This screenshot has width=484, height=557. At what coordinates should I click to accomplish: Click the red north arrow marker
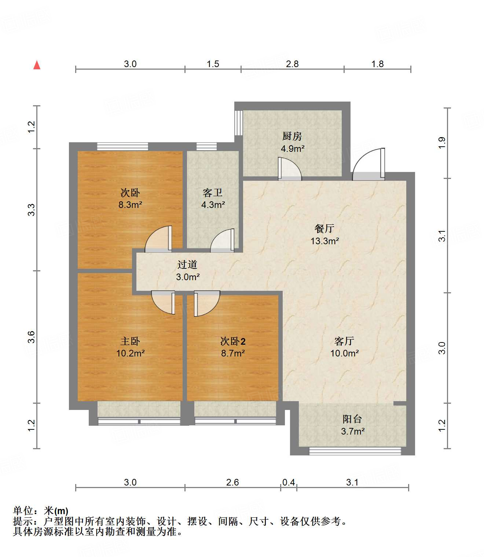click(x=37, y=65)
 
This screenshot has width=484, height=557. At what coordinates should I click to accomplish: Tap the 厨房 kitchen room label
click(x=292, y=136)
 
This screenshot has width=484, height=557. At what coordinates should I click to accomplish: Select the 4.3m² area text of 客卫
click(x=213, y=205)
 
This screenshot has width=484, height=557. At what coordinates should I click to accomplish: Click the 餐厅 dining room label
click(x=324, y=229)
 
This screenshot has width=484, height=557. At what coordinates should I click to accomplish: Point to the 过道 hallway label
click(x=187, y=265)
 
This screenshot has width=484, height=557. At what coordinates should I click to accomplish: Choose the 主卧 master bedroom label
click(x=130, y=341)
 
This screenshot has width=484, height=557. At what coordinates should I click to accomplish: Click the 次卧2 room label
click(x=233, y=341)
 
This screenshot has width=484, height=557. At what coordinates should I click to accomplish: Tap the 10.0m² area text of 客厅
click(x=344, y=353)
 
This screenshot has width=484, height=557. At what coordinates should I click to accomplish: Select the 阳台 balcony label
click(x=352, y=419)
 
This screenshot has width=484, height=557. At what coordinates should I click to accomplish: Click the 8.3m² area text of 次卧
click(x=130, y=205)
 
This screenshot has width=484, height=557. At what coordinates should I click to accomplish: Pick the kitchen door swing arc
click(x=290, y=169)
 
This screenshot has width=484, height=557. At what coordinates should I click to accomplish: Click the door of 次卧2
click(x=206, y=303)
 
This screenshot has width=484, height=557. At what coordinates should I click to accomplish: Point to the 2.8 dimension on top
click(x=292, y=64)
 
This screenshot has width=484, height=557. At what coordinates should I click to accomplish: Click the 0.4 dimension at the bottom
click(x=289, y=482)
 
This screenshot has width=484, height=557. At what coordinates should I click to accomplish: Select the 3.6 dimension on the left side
click(x=32, y=337)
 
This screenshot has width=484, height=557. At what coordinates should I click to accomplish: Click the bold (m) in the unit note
click(x=61, y=511)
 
